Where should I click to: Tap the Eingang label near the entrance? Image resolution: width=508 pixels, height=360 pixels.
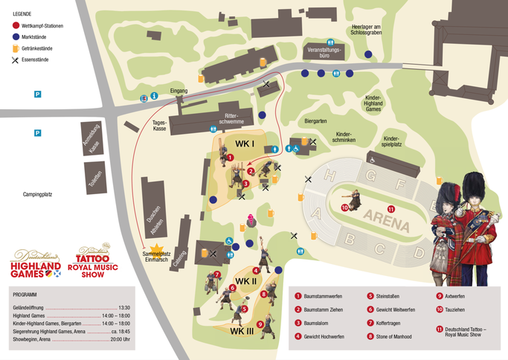coord(179,91)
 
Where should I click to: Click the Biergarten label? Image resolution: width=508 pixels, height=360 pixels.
coord(316,120)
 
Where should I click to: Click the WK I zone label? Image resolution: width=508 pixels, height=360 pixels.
coord(245,143)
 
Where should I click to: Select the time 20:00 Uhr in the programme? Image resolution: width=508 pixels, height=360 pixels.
coord(118,339)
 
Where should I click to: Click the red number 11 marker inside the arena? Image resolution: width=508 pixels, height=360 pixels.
coord(391,208)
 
